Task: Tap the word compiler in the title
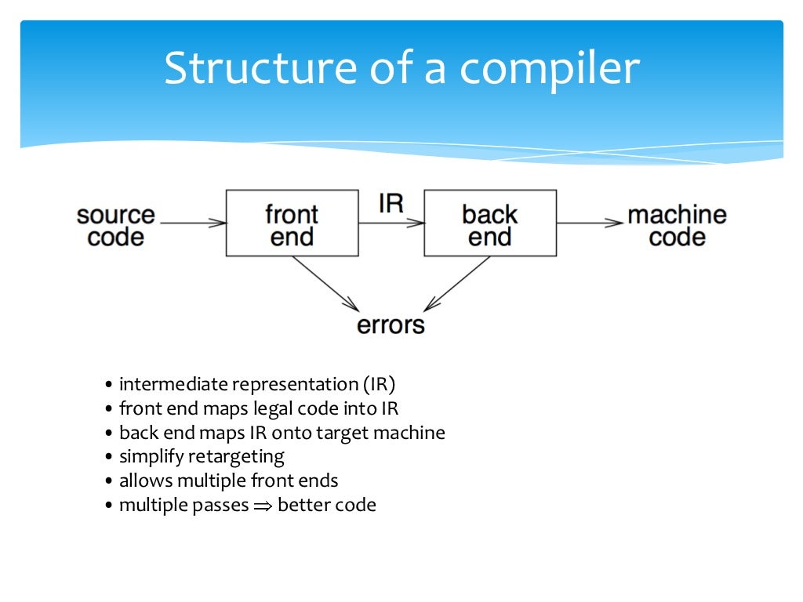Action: pyautogui.click(x=549, y=69)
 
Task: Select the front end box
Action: pyautogui.click(x=292, y=223)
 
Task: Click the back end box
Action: pyautogui.click(x=490, y=223)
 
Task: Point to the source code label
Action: pyautogui.click(x=116, y=226)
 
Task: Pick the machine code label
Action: pyautogui.click(x=678, y=226)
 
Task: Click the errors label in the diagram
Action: pyautogui.click(x=391, y=325)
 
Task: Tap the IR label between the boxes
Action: pyautogui.click(x=391, y=204)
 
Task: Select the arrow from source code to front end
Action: pyautogui.click(x=192, y=223)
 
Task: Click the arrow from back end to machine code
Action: pyautogui.click(x=590, y=223)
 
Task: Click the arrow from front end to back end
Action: pyautogui.click(x=391, y=223)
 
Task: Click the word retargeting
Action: pyautogui.click(x=235, y=456)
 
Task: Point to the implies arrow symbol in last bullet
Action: pyautogui.click(x=261, y=506)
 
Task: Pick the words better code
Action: pyautogui.click(x=327, y=505)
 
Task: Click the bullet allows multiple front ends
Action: pyautogui.click(x=228, y=481)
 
